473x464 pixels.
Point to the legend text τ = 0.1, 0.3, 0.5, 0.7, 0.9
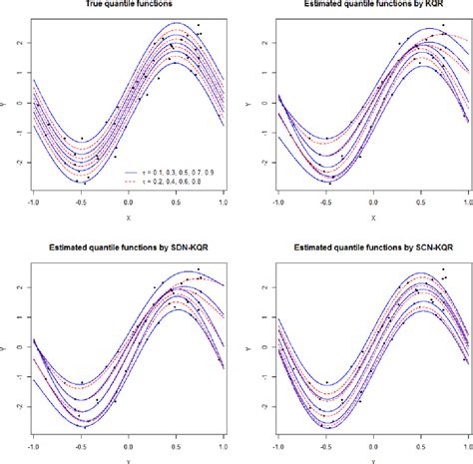click(x=179, y=172)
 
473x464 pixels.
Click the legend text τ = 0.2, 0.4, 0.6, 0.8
click(x=174, y=183)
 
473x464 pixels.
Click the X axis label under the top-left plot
click(x=128, y=218)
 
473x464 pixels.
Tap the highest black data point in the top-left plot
click(x=198, y=25)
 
